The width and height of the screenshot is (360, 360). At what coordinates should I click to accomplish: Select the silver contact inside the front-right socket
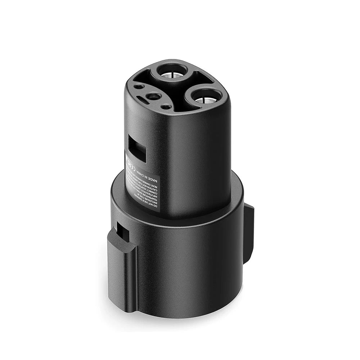(204, 99)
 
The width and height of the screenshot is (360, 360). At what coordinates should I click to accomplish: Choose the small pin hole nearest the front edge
(166, 107)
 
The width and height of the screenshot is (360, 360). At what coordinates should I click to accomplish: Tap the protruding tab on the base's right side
(249, 230)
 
